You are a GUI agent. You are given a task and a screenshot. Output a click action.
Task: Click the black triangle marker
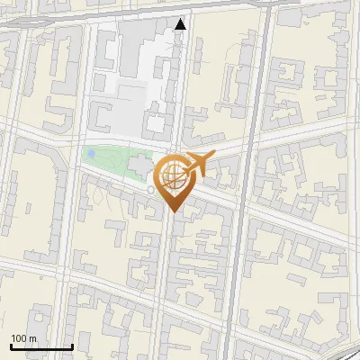[181, 24]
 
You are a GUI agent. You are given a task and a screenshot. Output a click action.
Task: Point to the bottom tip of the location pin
[173, 211]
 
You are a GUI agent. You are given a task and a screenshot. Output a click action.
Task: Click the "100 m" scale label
[24, 338]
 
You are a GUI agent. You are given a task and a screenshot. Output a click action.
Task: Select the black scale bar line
[41, 347]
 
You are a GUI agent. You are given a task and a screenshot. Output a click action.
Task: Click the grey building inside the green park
[139, 166]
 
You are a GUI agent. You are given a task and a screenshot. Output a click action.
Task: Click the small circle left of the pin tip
[150, 190]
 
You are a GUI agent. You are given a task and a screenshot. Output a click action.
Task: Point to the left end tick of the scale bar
[11, 346]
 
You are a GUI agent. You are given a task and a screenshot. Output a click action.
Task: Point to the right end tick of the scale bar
[72, 346]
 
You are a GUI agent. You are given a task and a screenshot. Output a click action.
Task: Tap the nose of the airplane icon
[214, 157]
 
